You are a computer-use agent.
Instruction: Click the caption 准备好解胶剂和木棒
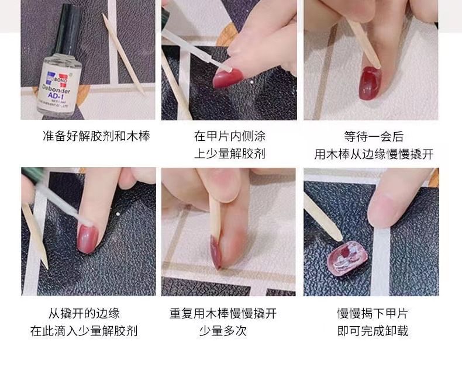[x=96, y=137]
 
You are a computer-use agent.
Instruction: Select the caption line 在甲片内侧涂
[x=229, y=137]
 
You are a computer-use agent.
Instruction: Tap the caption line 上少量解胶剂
[x=229, y=154]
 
